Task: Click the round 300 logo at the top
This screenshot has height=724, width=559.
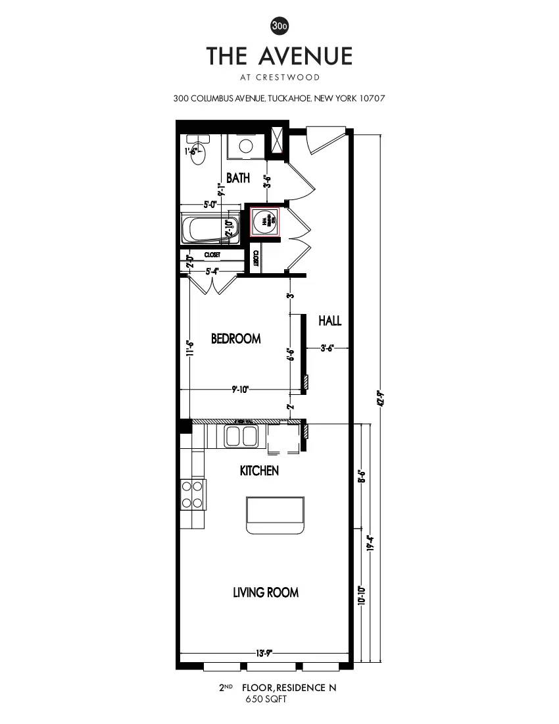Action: (x=279, y=26)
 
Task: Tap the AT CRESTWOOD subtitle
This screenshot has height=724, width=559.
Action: (x=279, y=77)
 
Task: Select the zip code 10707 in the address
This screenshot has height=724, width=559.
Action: (x=372, y=99)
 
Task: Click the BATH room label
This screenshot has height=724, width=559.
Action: (x=237, y=178)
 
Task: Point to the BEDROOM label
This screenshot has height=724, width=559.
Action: (x=235, y=338)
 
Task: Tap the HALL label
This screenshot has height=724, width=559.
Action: (x=329, y=321)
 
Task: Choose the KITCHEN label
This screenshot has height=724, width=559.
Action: (x=259, y=471)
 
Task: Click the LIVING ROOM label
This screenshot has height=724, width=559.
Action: (x=266, y=592)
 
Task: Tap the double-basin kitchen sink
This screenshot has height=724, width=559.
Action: (x=240, y=436)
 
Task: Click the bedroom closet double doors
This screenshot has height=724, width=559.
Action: (x=213, y=284)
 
